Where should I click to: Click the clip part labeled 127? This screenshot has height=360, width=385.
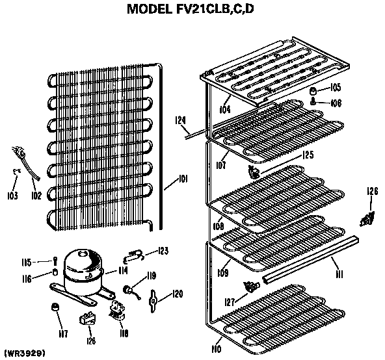pos(249,286)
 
